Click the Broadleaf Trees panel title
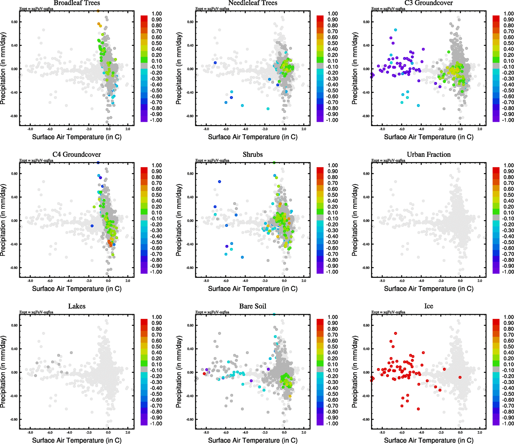[77, 3]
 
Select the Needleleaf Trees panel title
[253, 3]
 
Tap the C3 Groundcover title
[428, 3]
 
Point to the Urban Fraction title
[428, 155]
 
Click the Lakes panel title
[77, 306]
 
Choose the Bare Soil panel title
[253, 306]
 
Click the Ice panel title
[428, 306]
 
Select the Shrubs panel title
[253, 155]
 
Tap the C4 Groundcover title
[77, 155]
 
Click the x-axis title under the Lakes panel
[77, 440]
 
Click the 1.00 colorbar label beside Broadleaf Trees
[157, 14]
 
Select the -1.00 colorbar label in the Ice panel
[508, 424]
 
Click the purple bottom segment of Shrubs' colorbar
[320, 271]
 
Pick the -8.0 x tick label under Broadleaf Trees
[30, 129]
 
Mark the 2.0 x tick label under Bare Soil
[304, 433]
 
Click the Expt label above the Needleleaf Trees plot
[212, 9]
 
